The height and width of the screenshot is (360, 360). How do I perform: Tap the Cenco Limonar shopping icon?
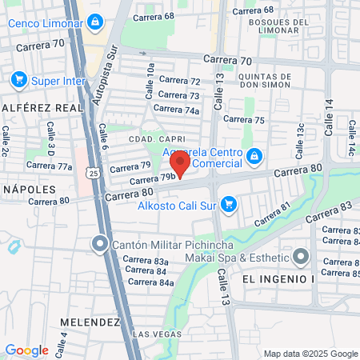pos(95,22)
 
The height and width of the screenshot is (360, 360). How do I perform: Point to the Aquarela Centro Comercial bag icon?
pos(254,155)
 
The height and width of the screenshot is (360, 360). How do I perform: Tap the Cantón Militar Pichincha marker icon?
pos(99,244)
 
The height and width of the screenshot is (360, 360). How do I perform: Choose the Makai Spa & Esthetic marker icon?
pos(301,257)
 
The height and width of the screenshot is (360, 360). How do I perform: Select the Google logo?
pos(26,350)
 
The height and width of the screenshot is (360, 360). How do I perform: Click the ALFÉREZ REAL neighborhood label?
pos(31,106)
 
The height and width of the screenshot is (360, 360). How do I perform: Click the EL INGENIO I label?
pos(280,278)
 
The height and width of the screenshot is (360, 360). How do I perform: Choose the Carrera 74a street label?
pos(176,110)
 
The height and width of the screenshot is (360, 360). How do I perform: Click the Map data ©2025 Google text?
pos(311,354)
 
